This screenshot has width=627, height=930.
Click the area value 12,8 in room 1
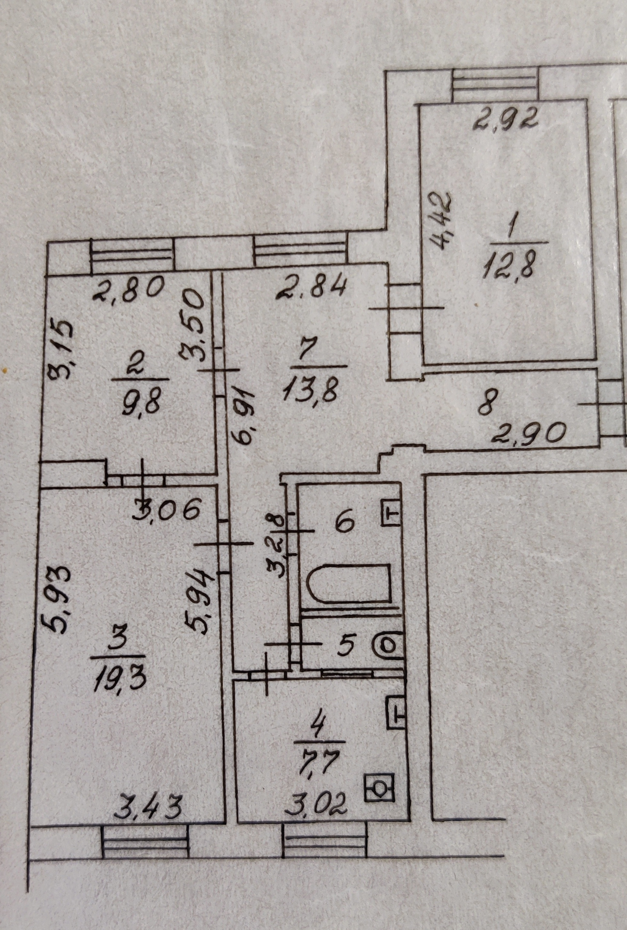[508, 265]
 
